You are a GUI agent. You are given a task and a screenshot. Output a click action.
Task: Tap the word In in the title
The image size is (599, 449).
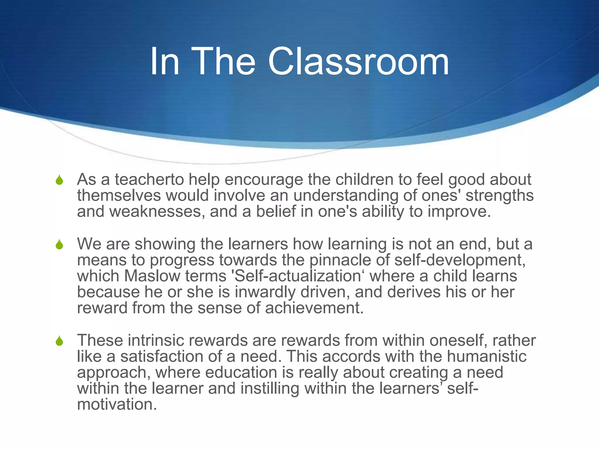164,62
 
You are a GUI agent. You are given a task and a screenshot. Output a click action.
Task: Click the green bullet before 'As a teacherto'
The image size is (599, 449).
59,180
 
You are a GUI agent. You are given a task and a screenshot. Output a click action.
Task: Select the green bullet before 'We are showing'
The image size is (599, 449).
59,244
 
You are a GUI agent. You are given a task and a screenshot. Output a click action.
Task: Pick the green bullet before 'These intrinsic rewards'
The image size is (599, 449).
59,341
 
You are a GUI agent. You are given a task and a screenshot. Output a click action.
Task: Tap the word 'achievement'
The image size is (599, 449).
314,308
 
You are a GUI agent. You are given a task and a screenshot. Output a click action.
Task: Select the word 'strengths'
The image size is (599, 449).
500,196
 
